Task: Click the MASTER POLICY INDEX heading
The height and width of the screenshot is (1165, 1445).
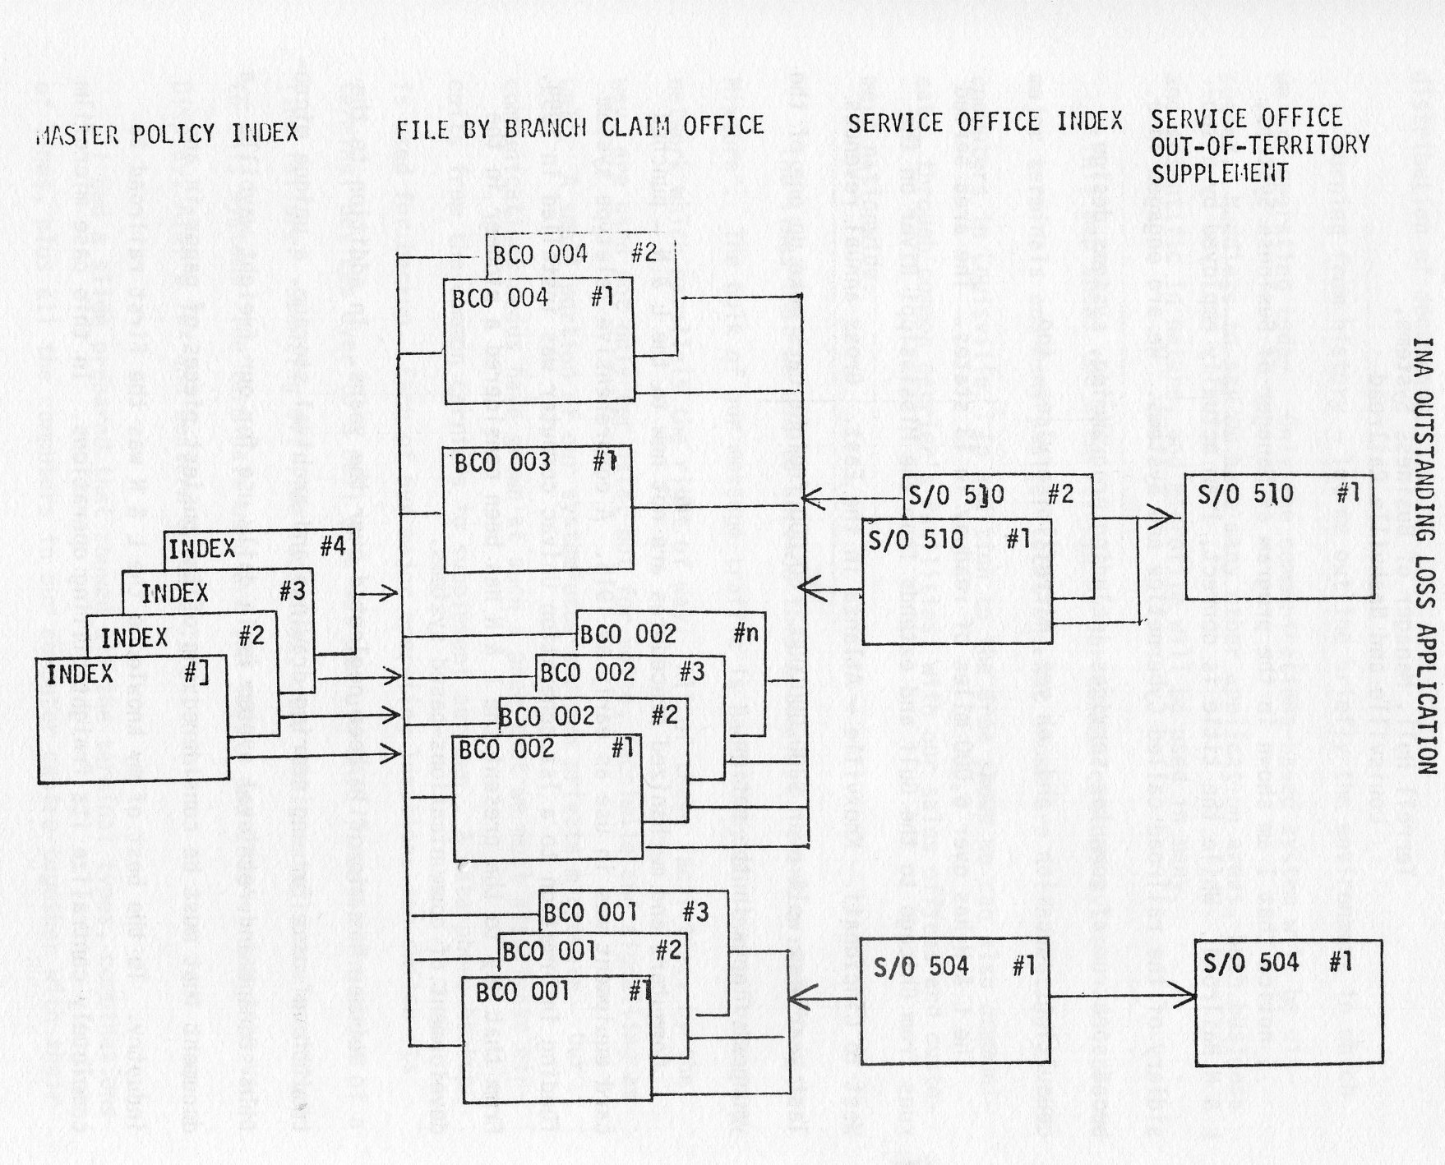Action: (167, 133)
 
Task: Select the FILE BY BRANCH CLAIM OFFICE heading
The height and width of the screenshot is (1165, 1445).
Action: (580, 127)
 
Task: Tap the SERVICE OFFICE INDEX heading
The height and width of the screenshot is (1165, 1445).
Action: (985, 122)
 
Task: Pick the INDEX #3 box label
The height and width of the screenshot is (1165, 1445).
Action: (222, 592)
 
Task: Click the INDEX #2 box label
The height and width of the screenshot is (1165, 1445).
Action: (181, 637)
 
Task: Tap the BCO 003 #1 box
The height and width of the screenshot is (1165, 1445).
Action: (538, 509)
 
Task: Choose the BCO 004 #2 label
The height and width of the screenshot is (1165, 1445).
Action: (575, 254)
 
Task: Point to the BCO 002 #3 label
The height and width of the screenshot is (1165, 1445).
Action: (622, 672)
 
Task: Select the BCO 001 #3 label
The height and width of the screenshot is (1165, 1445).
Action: (626, 912)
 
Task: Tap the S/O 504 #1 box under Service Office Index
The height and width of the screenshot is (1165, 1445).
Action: (954, 1001)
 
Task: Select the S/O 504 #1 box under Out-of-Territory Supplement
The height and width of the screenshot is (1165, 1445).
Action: (1288, 1003)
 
